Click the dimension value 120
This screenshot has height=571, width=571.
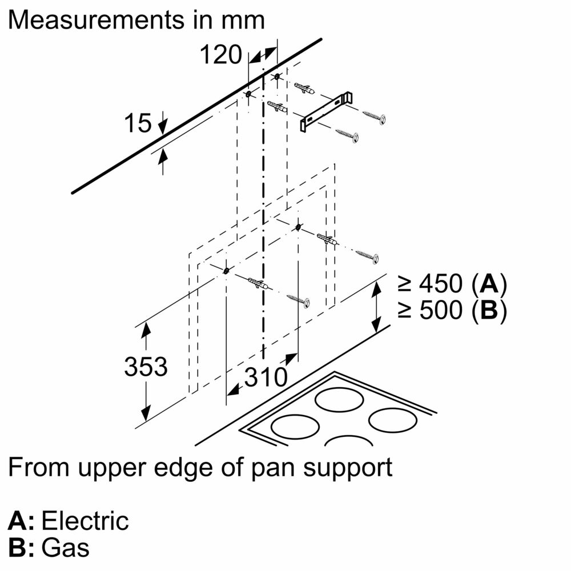(x=220, y=55)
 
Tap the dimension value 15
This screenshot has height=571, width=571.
(x=138, y=123)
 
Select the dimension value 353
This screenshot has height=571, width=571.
(x=146, y=367)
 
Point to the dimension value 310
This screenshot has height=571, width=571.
(x=266, y=377)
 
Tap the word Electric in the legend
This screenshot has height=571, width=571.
(x=86, y=521)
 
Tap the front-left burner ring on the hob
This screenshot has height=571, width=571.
(x=295, y=425)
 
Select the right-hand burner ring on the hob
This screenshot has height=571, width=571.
(x=393, y=420)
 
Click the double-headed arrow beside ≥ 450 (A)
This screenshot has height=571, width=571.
(x=376, y=307)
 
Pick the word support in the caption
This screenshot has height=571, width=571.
(x=351, y=468)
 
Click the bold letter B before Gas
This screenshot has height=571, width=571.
(x=19, y=548)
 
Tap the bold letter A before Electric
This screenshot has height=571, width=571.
(x=19, y=521)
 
